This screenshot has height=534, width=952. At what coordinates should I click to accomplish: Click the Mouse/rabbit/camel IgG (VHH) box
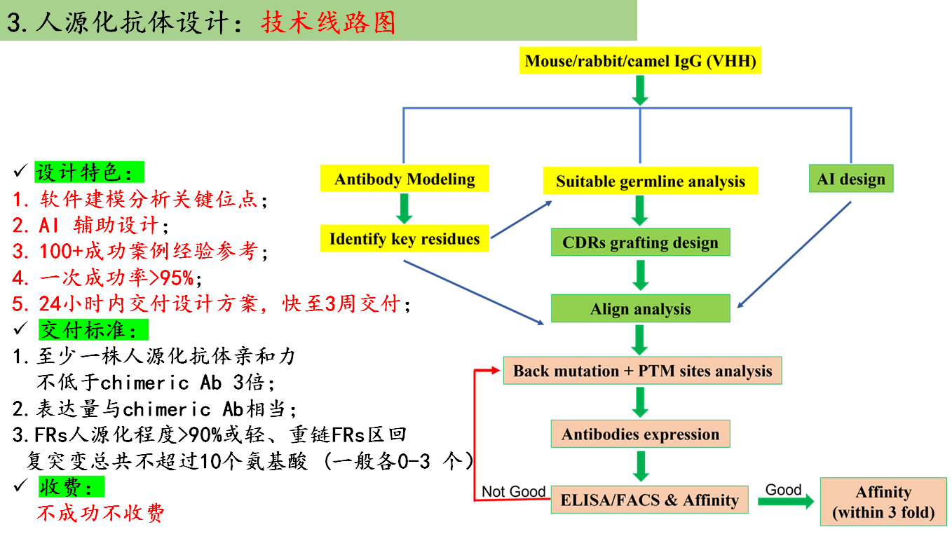(641, 61)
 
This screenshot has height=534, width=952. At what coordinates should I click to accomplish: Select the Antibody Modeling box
(404, 179)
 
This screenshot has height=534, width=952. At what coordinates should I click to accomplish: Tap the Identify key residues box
(404, 239)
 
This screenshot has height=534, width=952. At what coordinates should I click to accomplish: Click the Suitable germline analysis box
(650, 182)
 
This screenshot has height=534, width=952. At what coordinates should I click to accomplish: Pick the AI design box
(850, 179)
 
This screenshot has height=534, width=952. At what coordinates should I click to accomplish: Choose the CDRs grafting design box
(640, 242)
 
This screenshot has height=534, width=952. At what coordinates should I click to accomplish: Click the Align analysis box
(640, 309)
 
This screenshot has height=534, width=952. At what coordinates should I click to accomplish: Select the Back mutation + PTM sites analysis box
(642, 371)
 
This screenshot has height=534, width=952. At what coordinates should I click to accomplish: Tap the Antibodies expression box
(640, 434)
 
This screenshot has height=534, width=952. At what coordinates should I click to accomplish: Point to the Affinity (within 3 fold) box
(883, 502)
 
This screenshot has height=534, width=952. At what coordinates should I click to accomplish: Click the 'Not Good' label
(513, 491)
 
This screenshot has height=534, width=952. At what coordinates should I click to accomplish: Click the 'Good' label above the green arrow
(783, 489)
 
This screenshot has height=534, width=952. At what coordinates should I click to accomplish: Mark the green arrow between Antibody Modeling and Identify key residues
(404, 208)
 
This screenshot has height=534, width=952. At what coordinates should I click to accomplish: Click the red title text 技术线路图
(328, 22)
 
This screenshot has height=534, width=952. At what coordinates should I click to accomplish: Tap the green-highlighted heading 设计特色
(88, 172)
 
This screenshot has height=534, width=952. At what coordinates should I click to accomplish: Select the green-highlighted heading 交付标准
(93, 329)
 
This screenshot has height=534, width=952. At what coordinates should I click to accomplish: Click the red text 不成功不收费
(100, 512)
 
